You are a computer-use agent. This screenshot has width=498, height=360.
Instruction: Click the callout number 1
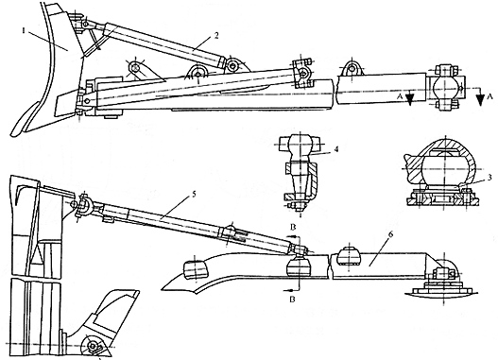(x=24, y=31)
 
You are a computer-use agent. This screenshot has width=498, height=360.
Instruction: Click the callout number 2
(x=216, y=35)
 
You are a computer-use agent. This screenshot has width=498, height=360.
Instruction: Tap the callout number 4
(x=337, y=148)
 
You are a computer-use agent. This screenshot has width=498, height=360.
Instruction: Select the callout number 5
(x=194, y=194)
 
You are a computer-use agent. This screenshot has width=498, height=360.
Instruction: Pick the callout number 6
(x=390, y=234)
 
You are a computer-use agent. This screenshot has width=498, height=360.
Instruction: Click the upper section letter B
(x=293, y=228)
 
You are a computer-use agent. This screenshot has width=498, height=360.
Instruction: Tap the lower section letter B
(x=293, y=299)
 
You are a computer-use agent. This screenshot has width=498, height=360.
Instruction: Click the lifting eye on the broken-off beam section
(x=352, y=69)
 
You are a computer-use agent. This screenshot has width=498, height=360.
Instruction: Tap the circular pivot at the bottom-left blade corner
(x=92, y=346)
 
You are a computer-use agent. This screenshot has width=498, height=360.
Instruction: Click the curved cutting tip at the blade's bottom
(x=24, y=121)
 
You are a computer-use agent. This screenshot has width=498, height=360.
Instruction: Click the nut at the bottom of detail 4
(x=299, y=207)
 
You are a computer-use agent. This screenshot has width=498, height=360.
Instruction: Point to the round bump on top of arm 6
(x=348, y=256)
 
